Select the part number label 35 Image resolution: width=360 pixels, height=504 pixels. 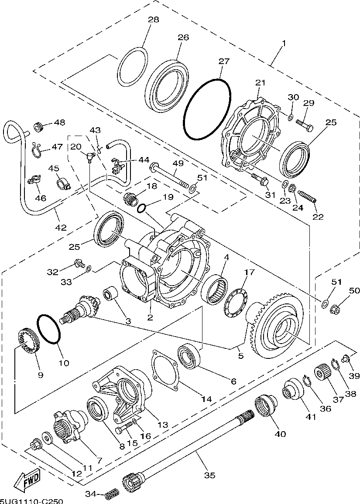(210, 475)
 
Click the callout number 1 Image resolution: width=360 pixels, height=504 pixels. (284, 44)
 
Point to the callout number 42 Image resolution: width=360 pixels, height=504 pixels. (61, 228)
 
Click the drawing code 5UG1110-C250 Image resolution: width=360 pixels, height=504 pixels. (31, 501)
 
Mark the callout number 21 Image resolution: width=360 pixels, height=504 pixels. (261, 83)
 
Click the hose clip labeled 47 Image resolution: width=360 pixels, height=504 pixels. (38, 150)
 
